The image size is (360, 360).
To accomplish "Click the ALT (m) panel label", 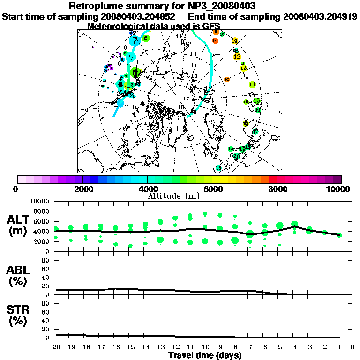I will click(x=19, y=225).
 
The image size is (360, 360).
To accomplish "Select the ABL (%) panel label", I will click(x=19, y=276).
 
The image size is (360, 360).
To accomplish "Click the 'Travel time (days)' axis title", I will click(x=205, y=355).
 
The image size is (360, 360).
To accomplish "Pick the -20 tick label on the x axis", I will click(x=54, y=347).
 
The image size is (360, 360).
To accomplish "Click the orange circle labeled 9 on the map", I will click(x=216, y=32).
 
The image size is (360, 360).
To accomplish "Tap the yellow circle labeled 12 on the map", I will click(x=237, y=57).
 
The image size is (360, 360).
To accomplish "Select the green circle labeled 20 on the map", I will click(x=237, y=156).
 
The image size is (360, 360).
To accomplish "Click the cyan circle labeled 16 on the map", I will click(x=218, y=168).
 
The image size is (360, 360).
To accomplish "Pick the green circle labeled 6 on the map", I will click(x=146, y=38).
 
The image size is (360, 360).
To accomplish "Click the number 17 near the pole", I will click(x=186, y=98).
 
